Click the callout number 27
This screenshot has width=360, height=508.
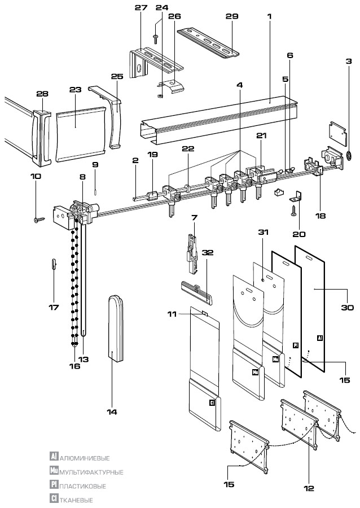click(x=141, y=7)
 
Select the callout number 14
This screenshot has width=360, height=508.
click(x=112, y=412)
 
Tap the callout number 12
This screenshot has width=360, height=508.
click(x=309, y=488)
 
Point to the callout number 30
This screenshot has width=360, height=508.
click(x=347, y=307)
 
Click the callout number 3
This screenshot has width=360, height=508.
click(x=349, y=61)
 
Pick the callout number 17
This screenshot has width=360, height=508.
click(x=54, y=307)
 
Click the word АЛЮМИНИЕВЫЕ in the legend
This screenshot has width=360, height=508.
click(x=85, y=458)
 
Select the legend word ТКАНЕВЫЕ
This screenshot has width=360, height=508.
click(x=76, y=500)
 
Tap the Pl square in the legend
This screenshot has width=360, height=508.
click(x=54, y=484)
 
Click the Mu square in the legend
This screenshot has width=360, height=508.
click(x=54, y=470)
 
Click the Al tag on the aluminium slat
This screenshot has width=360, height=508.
click(x=320, y=338)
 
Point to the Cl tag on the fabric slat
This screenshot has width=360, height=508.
click(x=212, y=403)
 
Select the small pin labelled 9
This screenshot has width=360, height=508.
click(x=95, y=192)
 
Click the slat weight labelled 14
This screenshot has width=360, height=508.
click(x=116, y=327)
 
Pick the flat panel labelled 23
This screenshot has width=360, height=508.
click(x=80, y=133)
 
